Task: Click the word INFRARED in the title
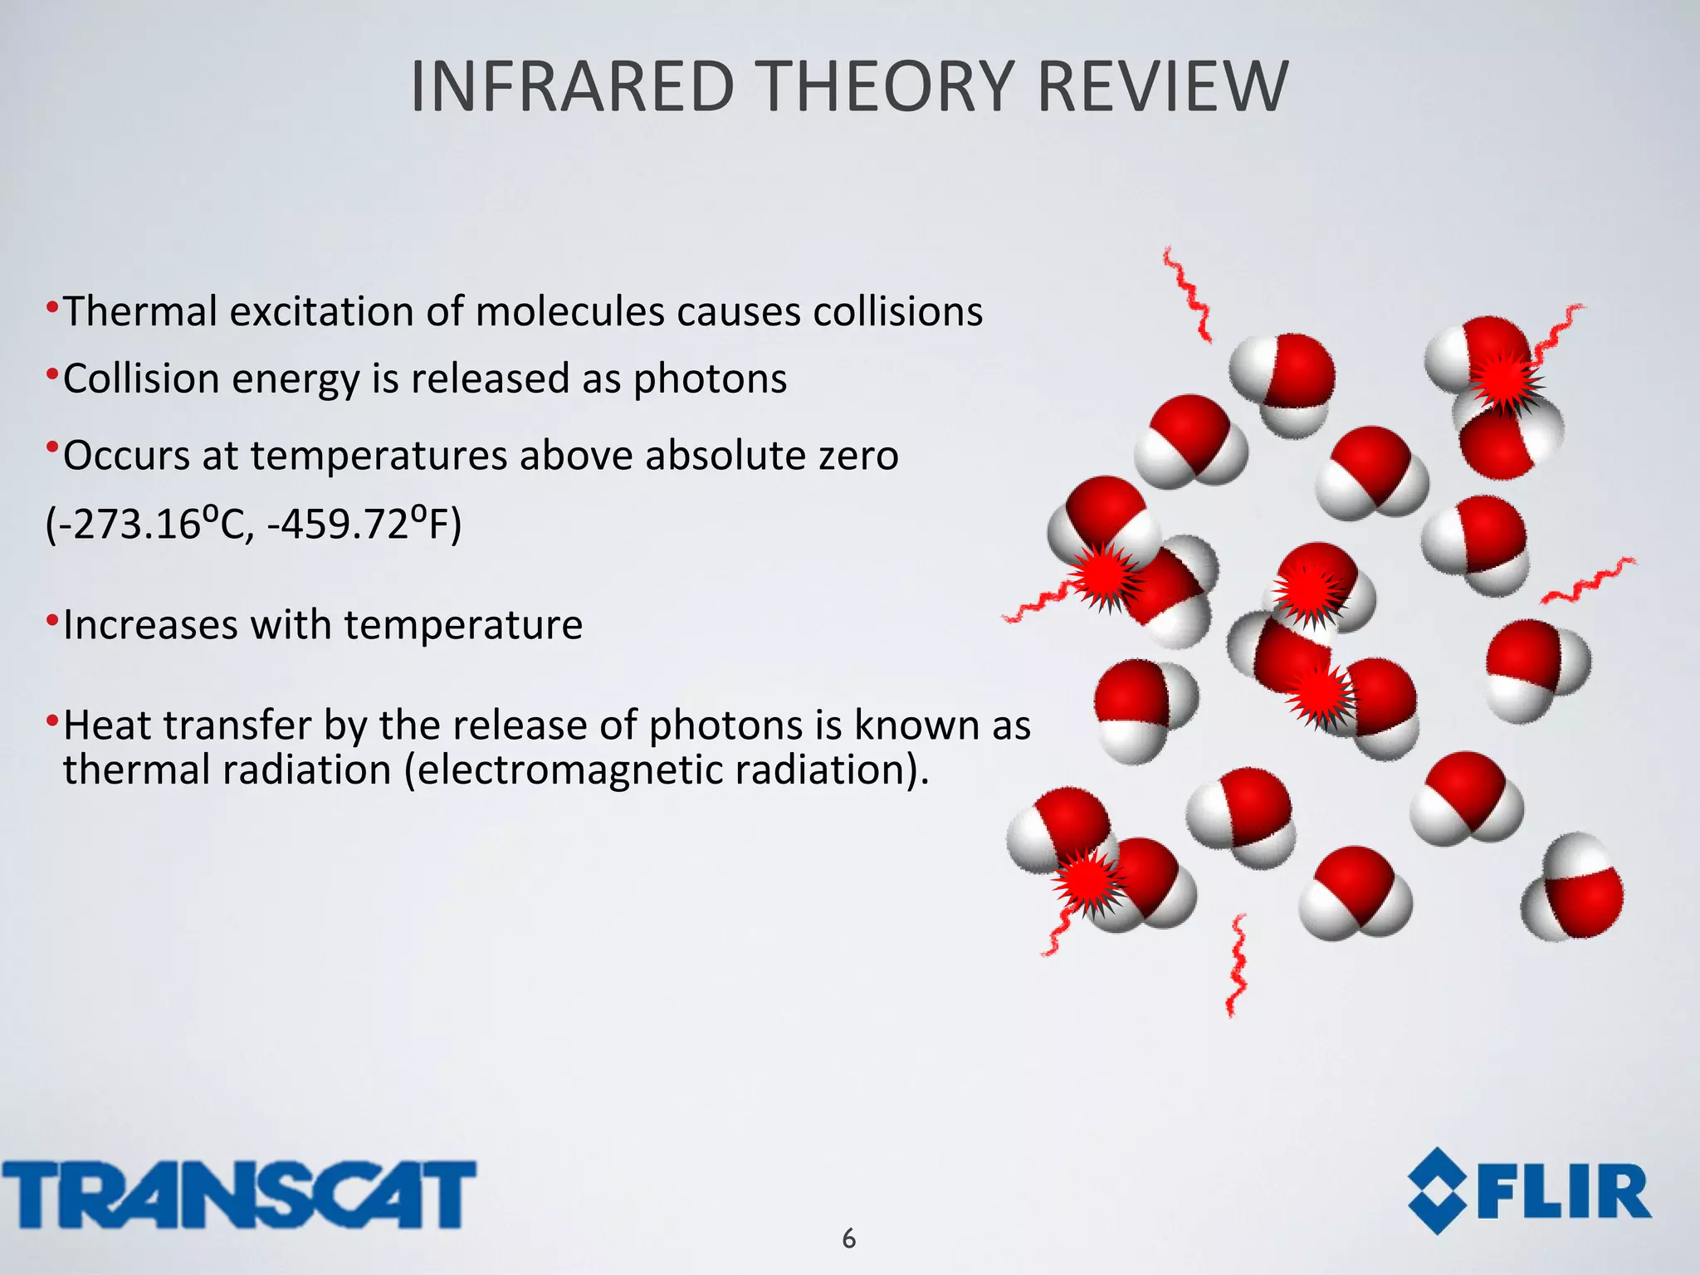[572, 87]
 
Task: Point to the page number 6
[848, 1238]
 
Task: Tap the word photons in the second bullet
[710, 379]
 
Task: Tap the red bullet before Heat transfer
[52, 719]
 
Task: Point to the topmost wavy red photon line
[1187, 295]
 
